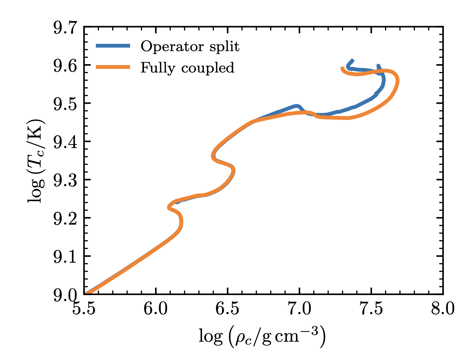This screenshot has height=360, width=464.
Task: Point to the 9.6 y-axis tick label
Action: (x=65, y=66)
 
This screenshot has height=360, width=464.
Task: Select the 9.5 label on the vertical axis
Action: (x=65, y=104)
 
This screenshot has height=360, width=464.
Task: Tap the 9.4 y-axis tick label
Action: (x=65, y=143)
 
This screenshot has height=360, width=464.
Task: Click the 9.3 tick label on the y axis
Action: (x=65, y=181)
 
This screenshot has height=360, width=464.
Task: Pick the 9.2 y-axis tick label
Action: (x=65, y=219)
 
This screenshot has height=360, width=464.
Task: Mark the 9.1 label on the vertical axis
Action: (x=65, y=257)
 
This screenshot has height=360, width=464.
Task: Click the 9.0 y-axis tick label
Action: (x=65, y=295)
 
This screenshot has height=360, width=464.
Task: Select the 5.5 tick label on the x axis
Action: (x=84, y=309)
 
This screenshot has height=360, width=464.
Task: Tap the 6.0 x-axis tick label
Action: (x=156, y=309)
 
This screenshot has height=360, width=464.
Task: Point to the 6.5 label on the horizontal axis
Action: (x=228, y=309)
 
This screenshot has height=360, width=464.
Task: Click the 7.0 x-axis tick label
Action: (x=300, y=309)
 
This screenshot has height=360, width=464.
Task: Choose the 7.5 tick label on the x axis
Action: (x=371, y=309)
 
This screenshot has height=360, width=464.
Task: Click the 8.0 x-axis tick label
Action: (x=443, y=309)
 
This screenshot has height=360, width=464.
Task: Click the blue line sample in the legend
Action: (x=113, y=46)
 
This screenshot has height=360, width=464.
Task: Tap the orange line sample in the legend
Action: (x=113, y=67)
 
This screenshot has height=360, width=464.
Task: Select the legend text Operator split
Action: (x=190, y=46)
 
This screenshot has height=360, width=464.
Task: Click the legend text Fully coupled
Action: (x=187, y=68)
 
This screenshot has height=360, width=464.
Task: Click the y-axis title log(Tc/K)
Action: (x=37, y=160)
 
